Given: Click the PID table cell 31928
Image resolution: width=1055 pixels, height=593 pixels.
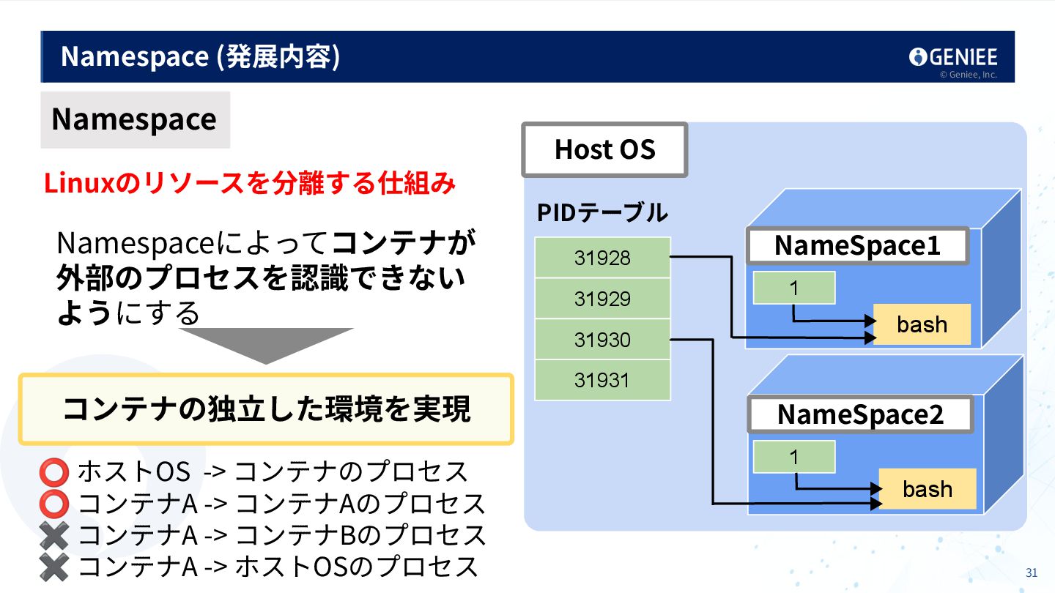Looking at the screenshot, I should [x=602, y=258].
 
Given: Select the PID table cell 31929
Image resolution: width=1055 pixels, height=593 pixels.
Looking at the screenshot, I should [x=602, y=299].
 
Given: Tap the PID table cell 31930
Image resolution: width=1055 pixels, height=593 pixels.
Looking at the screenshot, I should [x=602, y=340].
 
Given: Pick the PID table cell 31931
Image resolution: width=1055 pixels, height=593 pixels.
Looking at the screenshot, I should [x=602, y=380].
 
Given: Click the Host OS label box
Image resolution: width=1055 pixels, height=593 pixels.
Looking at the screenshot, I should [x=604, y=149].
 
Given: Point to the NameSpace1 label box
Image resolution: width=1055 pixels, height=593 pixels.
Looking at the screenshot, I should [x=857, y=246].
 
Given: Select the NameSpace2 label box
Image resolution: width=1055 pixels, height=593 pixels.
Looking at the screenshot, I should [x=860, y=414].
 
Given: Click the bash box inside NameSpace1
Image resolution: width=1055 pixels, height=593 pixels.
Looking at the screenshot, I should [x=922, y=324].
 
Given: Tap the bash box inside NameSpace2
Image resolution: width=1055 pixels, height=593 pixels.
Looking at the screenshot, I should [x=927, y=489].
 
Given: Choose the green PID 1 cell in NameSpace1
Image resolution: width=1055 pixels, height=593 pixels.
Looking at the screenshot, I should [x=794, y=288].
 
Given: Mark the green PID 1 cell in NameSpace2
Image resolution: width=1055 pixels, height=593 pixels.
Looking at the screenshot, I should [x=794, y=457].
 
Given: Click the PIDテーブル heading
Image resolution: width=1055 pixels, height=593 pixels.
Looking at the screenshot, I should [x=602, y=212].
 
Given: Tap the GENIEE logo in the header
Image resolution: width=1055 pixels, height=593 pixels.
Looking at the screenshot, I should [x=953, y=57].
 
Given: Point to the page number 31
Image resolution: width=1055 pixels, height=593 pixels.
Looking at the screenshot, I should [x=1032, y=573].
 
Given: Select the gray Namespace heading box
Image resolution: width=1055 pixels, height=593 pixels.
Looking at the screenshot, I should [x=135, y=119].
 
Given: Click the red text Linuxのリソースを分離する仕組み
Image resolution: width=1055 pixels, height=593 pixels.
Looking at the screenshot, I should [x=249, y=183].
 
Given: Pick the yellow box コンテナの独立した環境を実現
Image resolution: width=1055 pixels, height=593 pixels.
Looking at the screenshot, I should [x=266, y=409].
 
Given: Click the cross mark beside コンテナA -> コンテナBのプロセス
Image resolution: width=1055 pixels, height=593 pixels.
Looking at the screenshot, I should [x=55, y=536].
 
